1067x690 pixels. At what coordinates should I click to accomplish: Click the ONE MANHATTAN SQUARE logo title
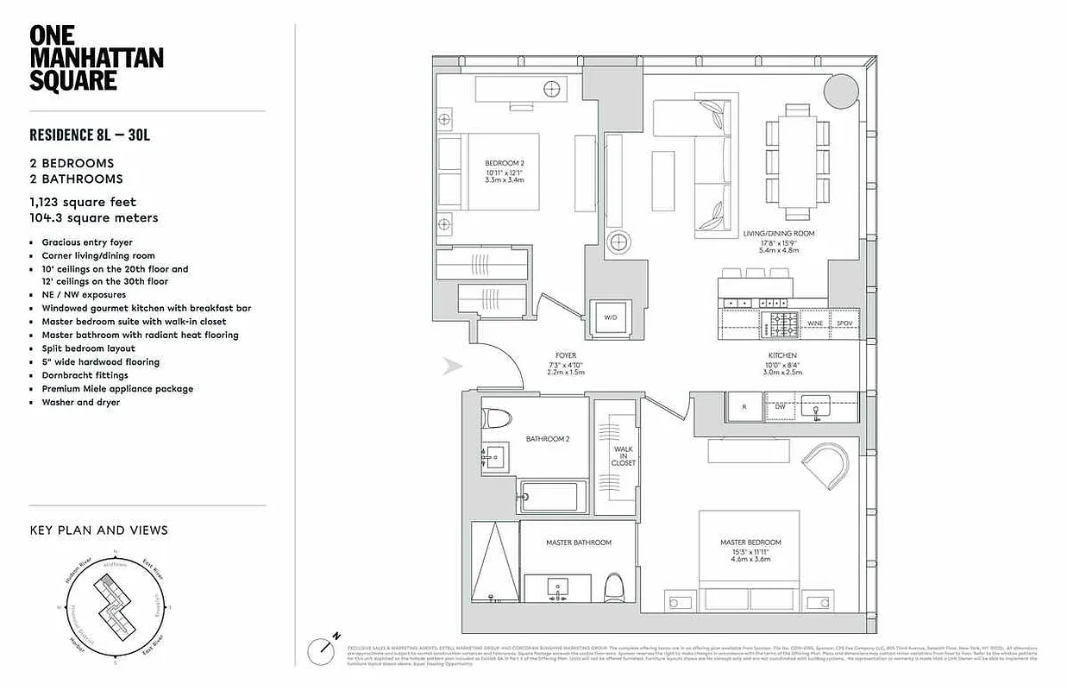tap(96, 58)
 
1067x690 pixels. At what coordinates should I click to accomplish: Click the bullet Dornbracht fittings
tap(85, 375)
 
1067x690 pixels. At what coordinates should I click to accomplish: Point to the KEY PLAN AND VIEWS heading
tap(98, 530)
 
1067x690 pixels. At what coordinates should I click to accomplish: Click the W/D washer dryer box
tap(611, 318)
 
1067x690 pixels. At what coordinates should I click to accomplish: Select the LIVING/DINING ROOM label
tap(779, 234)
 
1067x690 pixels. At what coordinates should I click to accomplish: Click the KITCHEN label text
tap(782, 355)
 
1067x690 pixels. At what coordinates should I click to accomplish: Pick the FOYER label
tap(566, 355)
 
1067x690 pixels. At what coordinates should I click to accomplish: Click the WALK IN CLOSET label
tap(624, 455)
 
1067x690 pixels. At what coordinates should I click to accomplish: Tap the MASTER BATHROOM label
tap(579, 543)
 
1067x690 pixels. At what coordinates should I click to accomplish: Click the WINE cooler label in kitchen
tap(815, 323)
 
